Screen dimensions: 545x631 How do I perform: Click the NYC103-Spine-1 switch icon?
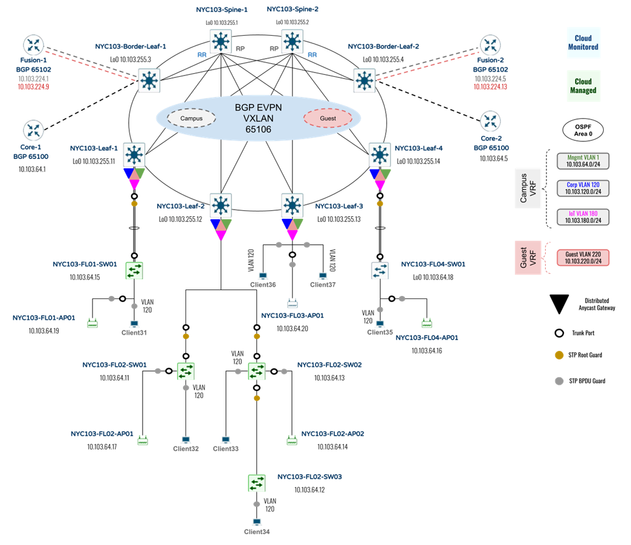(x=222, y=41)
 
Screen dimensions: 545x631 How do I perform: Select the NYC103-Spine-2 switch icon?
(x=293, y=41)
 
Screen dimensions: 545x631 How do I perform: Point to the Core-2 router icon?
(x=490, y=121)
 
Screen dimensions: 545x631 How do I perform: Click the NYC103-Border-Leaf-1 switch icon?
(x=149, y=80)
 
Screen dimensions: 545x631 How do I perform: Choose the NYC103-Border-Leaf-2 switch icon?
(x=364, y=80)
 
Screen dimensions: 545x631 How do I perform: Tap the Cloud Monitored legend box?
(x=583, y=43)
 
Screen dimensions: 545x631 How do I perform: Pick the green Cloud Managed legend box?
(x=583, y=86)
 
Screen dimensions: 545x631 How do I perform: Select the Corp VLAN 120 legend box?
(x=583, y=188)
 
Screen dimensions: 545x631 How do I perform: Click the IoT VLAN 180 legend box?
(x=583, y=217)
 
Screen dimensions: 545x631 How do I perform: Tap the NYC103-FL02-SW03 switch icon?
(x=257, y=482)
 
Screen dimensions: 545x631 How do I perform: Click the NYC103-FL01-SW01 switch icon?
(x=134, y=270)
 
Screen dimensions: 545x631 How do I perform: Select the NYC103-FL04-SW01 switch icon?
(x=380, y=270)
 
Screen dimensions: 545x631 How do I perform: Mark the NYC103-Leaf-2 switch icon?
(x=221, y=205)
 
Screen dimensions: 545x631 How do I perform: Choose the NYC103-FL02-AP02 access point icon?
(x=293, y=439)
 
